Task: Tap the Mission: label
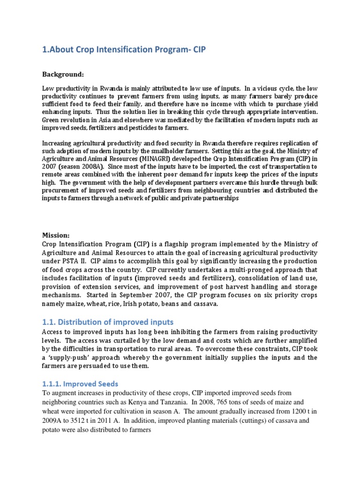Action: (x=56, y=235)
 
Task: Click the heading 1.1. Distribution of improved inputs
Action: (x=108, y=322)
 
